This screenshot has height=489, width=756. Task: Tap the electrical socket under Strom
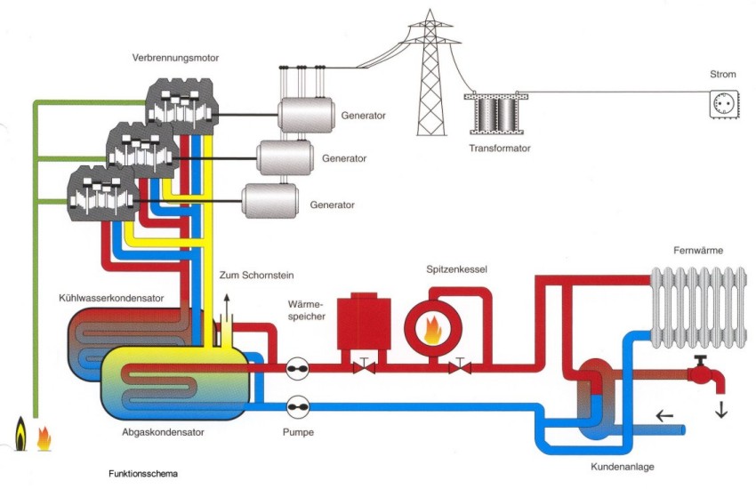point(725,105)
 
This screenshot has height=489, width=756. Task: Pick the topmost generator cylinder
point(305,116)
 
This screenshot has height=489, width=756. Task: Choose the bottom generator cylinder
point(269,201)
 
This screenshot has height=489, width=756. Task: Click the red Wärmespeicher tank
point(365,322)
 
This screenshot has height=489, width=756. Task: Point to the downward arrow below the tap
point(720,410)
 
